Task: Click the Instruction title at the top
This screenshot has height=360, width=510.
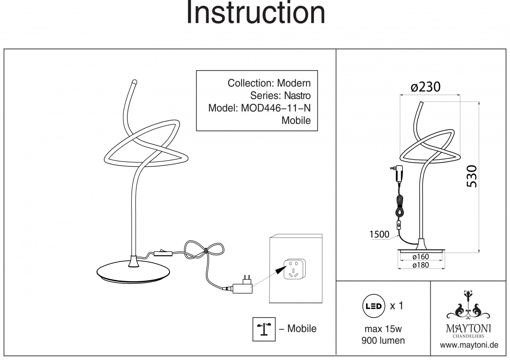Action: [255, 14]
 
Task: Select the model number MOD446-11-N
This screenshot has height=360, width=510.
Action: [276, 108]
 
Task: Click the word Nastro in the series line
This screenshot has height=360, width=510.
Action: [297, 96]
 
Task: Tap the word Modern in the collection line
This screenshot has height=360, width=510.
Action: [294, 83]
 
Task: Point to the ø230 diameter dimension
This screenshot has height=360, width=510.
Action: [425, 87]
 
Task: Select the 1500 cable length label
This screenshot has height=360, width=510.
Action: [379, 234]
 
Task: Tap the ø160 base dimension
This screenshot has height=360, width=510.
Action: [421, 257]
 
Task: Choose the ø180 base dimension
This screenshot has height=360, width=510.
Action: [421, 265]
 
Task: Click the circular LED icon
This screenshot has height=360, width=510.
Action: [373, 306]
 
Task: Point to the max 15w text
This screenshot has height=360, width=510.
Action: [383, 329]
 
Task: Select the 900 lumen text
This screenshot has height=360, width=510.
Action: [383, 341]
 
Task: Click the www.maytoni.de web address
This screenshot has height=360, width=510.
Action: [469, 345]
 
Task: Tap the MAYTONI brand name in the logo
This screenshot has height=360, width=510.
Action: [468, 328]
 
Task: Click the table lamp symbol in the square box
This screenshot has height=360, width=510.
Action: [264, 329]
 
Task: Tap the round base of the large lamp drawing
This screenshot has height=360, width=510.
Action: [135, 273]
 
